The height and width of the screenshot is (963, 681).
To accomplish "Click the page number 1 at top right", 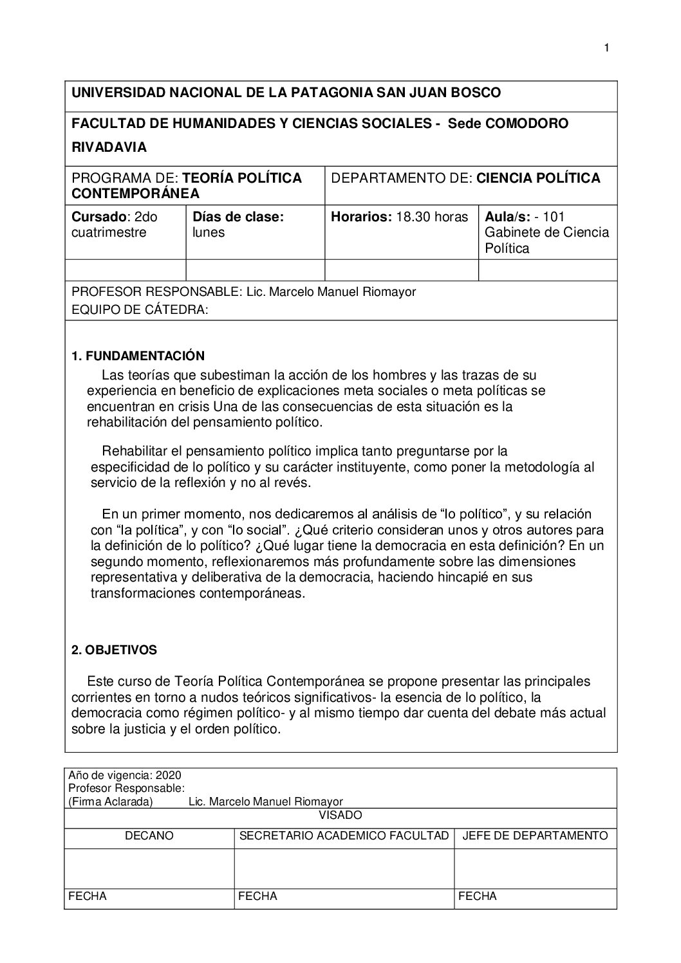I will [606, 48].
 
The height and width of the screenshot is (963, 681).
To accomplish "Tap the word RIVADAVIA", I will [109, 147].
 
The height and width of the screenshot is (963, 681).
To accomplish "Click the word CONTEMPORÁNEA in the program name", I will [135, 193].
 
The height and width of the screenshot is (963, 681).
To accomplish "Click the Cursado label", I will [96, 217].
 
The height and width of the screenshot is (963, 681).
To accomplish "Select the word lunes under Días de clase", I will [209, 233].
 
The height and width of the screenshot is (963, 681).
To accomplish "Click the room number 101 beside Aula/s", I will [554, 217].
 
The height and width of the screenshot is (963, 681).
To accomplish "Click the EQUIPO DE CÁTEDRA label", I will [139, 310].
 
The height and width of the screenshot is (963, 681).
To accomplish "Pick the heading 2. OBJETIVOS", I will [114, 650].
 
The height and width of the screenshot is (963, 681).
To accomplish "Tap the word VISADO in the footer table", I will [340, 815].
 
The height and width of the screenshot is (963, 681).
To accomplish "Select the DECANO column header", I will [149, 836].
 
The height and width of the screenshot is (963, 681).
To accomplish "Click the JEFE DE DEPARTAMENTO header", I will [535, 836].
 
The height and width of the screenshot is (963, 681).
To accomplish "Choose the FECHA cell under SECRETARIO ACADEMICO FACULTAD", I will [257, 896].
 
